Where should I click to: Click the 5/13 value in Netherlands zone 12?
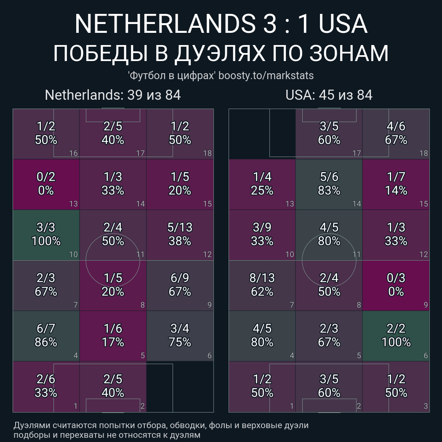[x=180, y=227]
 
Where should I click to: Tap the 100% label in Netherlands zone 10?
[x=46, y=241]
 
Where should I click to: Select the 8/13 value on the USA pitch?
[x=262, y=278]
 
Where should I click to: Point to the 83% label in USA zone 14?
[x=329, y=191]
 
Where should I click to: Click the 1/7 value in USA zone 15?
[x=396, y=177]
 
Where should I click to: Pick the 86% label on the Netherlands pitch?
[x=46, y=342]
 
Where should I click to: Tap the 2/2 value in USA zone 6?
[x=396, y=328]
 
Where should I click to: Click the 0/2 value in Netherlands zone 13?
[x=46, y=177]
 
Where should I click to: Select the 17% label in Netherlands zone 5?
[x=113, y=342]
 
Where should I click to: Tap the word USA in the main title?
[x=343, y=24]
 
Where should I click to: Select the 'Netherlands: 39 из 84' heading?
[x=113, y=95]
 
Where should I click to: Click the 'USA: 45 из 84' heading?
[x=329, y=95]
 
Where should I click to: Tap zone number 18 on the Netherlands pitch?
[x=207, y=153]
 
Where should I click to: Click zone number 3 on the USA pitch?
[x=426, y=406]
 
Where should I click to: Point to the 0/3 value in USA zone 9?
[x=396, y=278]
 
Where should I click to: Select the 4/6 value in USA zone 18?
[x=396, y=126]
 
